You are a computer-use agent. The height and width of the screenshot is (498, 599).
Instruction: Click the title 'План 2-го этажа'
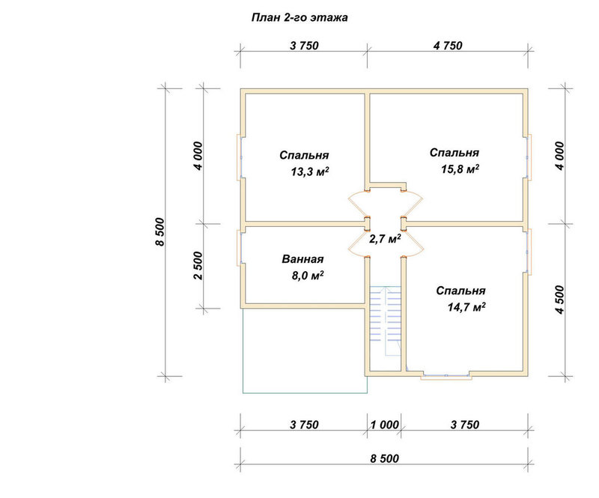(299, 18)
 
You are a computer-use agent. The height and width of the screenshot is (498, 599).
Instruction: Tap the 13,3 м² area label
(310, 172)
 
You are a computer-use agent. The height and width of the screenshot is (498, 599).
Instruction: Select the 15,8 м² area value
(460, 169)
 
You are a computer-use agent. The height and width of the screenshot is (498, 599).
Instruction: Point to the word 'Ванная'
(302, 259)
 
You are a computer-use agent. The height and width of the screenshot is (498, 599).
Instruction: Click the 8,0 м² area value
(308, 275)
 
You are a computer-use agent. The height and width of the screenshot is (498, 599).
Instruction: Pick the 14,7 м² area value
(466, 307)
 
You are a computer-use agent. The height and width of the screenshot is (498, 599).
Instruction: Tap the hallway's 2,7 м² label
(385, 239)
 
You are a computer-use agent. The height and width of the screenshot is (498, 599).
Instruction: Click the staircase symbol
(385, 321)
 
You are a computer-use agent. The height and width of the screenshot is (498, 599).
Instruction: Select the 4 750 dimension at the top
(448, 46)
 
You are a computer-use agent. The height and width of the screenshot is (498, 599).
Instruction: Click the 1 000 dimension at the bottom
(384, 425)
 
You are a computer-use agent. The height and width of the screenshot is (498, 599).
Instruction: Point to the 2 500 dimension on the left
(198, 266)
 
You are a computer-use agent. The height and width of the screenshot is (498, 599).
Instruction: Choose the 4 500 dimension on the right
(559, 300)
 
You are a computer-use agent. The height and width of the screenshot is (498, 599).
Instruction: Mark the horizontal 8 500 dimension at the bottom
(384, 458)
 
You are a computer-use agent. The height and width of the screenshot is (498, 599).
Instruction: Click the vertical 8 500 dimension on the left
(159, 232)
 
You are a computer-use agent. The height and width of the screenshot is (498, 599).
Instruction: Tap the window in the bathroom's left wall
(240, 248)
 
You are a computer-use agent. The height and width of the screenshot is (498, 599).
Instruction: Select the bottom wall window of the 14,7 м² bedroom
(446, 376)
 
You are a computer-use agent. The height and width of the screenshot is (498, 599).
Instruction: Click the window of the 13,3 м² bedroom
(240, 157)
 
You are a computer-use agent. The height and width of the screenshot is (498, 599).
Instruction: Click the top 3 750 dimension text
(304, 46)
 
